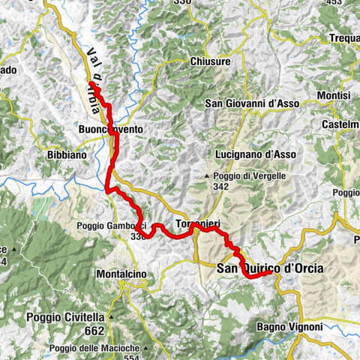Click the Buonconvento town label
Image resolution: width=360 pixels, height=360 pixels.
109,130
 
